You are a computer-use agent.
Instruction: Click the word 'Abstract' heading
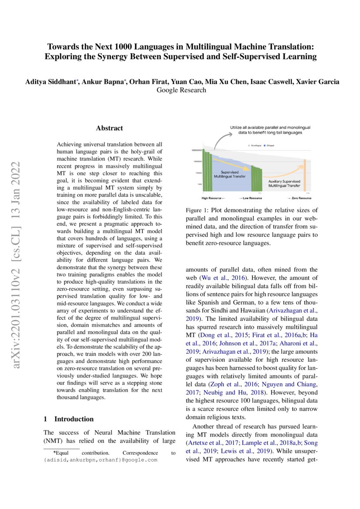pyautogui.click(x=109, y=128)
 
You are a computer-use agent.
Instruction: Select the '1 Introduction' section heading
pyautogui.click(x=68, y=419)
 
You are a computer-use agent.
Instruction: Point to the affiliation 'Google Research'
pyautogui.click(x=181, y=90)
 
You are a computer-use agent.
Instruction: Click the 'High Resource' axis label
pyautogui.click(x=213, y=198)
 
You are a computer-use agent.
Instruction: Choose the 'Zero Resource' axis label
pyautogui.click(x=305, y=198)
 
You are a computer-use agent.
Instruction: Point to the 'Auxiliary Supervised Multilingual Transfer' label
pyautogui.click(x=284, y=182)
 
